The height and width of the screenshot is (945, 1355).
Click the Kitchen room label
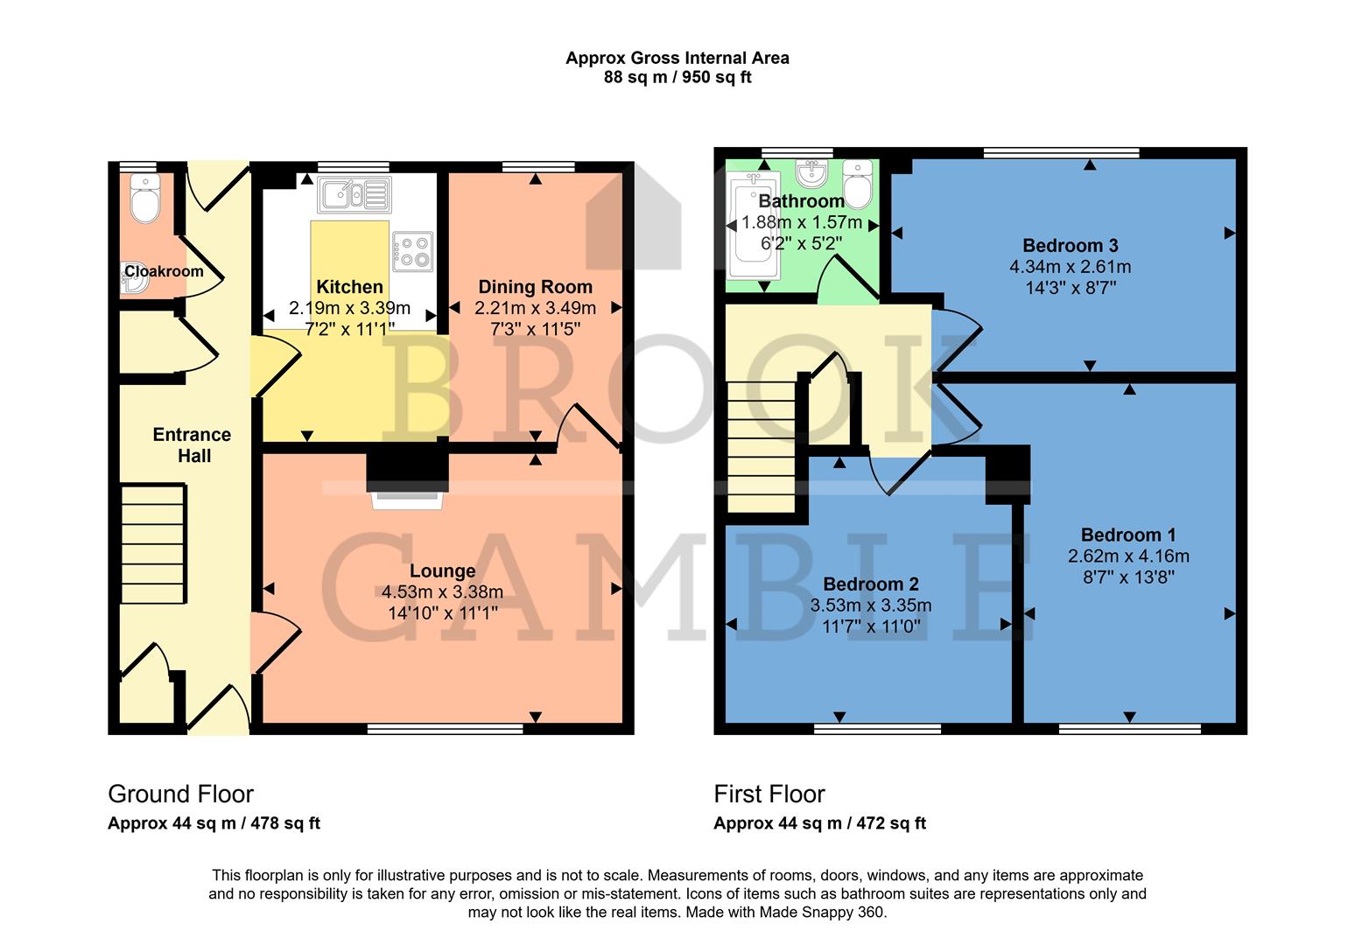pyautogui.click(x=349, y=287)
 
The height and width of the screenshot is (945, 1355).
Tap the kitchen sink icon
pyautogui.click(x=354, y=193)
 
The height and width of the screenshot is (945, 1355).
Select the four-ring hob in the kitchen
pyautogui.click(x=413, y=248)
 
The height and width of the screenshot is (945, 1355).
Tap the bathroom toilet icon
pyautogui.click(x=856, y=182)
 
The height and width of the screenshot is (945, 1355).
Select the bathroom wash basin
pyautogui.click(x=813, y=173)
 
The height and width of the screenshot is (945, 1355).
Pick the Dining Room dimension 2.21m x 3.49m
pyautogui.click(x=535, y=308)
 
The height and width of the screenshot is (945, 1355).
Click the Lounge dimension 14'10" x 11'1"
pyautogui.click(x=442, y=612)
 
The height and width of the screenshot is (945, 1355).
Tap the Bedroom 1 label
pyautogui.click(x=1128, y=535)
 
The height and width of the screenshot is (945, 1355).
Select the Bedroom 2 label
pyautogui.click(x=870, y=584)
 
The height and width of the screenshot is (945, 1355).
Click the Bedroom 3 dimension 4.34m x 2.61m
pyautogui.click(x=1070, y=267)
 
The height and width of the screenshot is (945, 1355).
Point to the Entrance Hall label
pyautogui.click(x=193, y=444)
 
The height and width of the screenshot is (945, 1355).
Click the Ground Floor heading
pyautogui.click(x=180, y=794)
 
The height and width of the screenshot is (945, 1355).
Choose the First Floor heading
pyautogui.click(x=769, y=794)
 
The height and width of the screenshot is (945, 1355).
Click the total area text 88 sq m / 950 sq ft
pyautogui.click(x=677, y=77)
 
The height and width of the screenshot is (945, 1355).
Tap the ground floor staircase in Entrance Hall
pyautogui.click(x=153, y=544)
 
